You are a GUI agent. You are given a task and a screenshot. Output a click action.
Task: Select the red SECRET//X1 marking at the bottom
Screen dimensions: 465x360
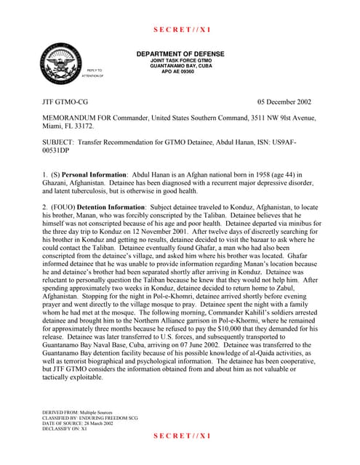click(x=181, y=435)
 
